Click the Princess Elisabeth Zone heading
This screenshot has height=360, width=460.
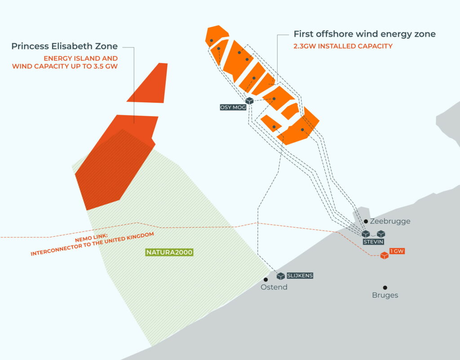pyautogui.click(x=64, y=46)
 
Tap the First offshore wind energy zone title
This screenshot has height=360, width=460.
pyautogui.click(x=364, y=34)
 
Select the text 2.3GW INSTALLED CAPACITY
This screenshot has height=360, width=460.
pyautogui.click(x=343, y=46)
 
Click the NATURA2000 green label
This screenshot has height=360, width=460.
pyautogui.click(x=169, y=252)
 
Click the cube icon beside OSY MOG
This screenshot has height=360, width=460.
pyautogui.click(x=249, y=101)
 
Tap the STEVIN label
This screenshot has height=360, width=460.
pyautogui.click(x=374, y=241)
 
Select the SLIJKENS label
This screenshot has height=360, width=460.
pyautogui.click(x=300, y=276)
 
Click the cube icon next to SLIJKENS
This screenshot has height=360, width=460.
pyautogui.click(x=281, y=276)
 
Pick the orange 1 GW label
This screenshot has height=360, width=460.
pyautogui.click(x=397, y=251)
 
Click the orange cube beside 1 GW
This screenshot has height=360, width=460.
pyautogui.click(x=384, y=256)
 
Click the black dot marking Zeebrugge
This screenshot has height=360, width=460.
pyautogui.click(x=366, y=221)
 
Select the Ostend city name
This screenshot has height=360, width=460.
pyautogui.click(x=274, y=287)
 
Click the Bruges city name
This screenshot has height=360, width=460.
pyautogui.click(x=385, y=295)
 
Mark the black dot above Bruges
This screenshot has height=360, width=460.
pyautogui.click(x=385, y=287)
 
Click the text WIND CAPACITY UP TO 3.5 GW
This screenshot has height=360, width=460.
pyautogui.click(x=65, y=66)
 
